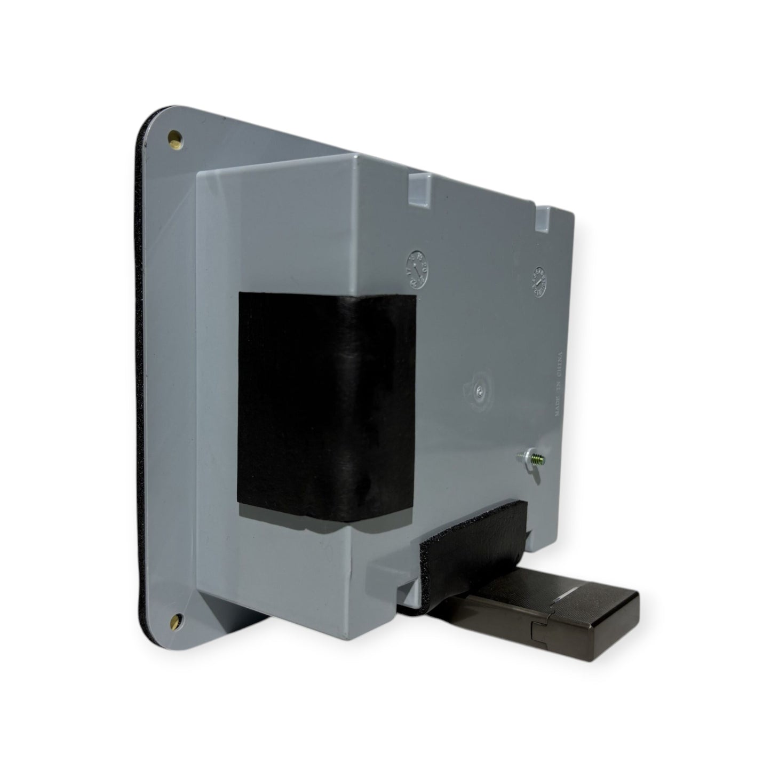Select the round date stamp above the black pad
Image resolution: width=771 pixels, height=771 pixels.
coord(419,264)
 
